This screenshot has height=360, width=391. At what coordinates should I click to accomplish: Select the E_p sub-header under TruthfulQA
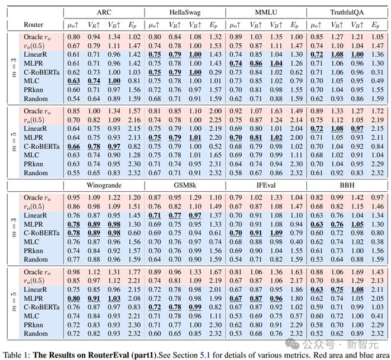375,25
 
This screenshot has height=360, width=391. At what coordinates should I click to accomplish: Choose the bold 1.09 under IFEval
275,233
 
